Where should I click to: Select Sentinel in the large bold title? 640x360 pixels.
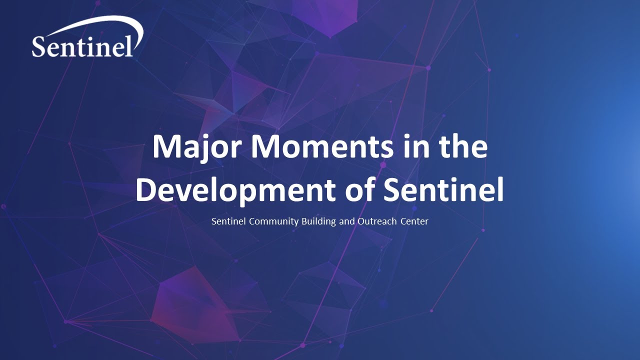click(x=443, y=190)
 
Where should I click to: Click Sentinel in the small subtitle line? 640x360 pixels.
click(x=228, y=221)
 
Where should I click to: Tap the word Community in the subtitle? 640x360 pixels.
click(x=273, y=221)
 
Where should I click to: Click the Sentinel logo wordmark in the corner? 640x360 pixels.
click(x=83, y=46)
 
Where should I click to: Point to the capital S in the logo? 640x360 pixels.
click(x=39, y=46)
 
